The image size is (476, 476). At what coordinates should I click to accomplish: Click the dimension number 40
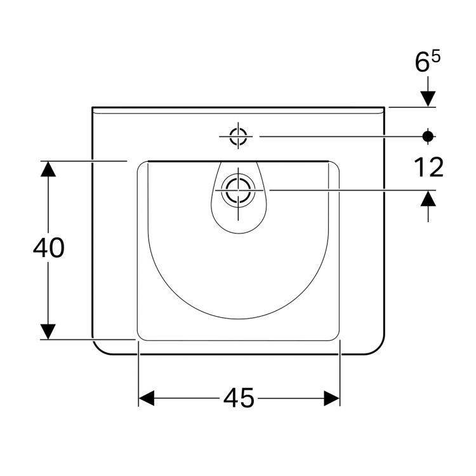point(49,248)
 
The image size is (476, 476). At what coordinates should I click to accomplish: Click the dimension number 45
point(239,398)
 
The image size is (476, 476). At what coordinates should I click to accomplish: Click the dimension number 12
point(428,167)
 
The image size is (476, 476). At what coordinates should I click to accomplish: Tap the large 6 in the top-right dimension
point(422,63)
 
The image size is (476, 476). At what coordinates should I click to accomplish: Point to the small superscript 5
point(435,56)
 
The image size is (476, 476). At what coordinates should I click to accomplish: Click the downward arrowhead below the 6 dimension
point(428,99)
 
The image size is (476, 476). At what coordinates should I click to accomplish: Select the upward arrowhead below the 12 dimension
point(428,198)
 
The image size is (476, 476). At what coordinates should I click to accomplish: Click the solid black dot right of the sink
point(428,136)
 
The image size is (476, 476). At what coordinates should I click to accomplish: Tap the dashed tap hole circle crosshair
point(238,136)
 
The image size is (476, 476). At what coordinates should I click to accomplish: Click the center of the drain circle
point(238,190)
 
